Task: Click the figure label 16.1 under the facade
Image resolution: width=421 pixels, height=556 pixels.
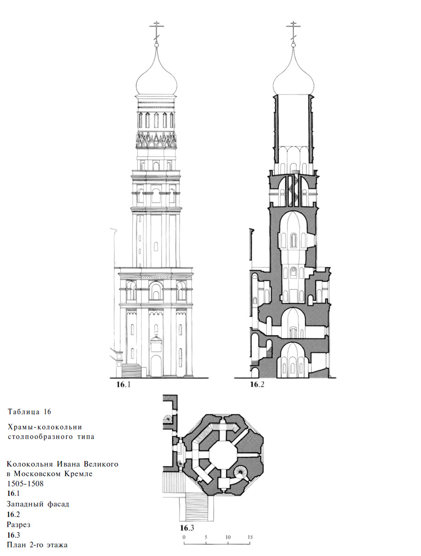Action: tap(123, 384)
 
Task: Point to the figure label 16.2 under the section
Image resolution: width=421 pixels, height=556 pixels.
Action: tap(257, 384)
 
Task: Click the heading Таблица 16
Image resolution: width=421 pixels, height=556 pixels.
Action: tap(29, 411)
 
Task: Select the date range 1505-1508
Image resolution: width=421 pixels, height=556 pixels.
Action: tap(25, 484)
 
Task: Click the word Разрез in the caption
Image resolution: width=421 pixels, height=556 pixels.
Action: tap(18, 525)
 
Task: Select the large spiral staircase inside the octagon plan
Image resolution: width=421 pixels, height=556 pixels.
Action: tap(240, 472)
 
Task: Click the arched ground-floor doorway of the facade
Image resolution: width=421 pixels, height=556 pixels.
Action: tap(156, 366)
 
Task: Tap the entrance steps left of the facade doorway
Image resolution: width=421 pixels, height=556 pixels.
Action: tap(131, 370)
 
